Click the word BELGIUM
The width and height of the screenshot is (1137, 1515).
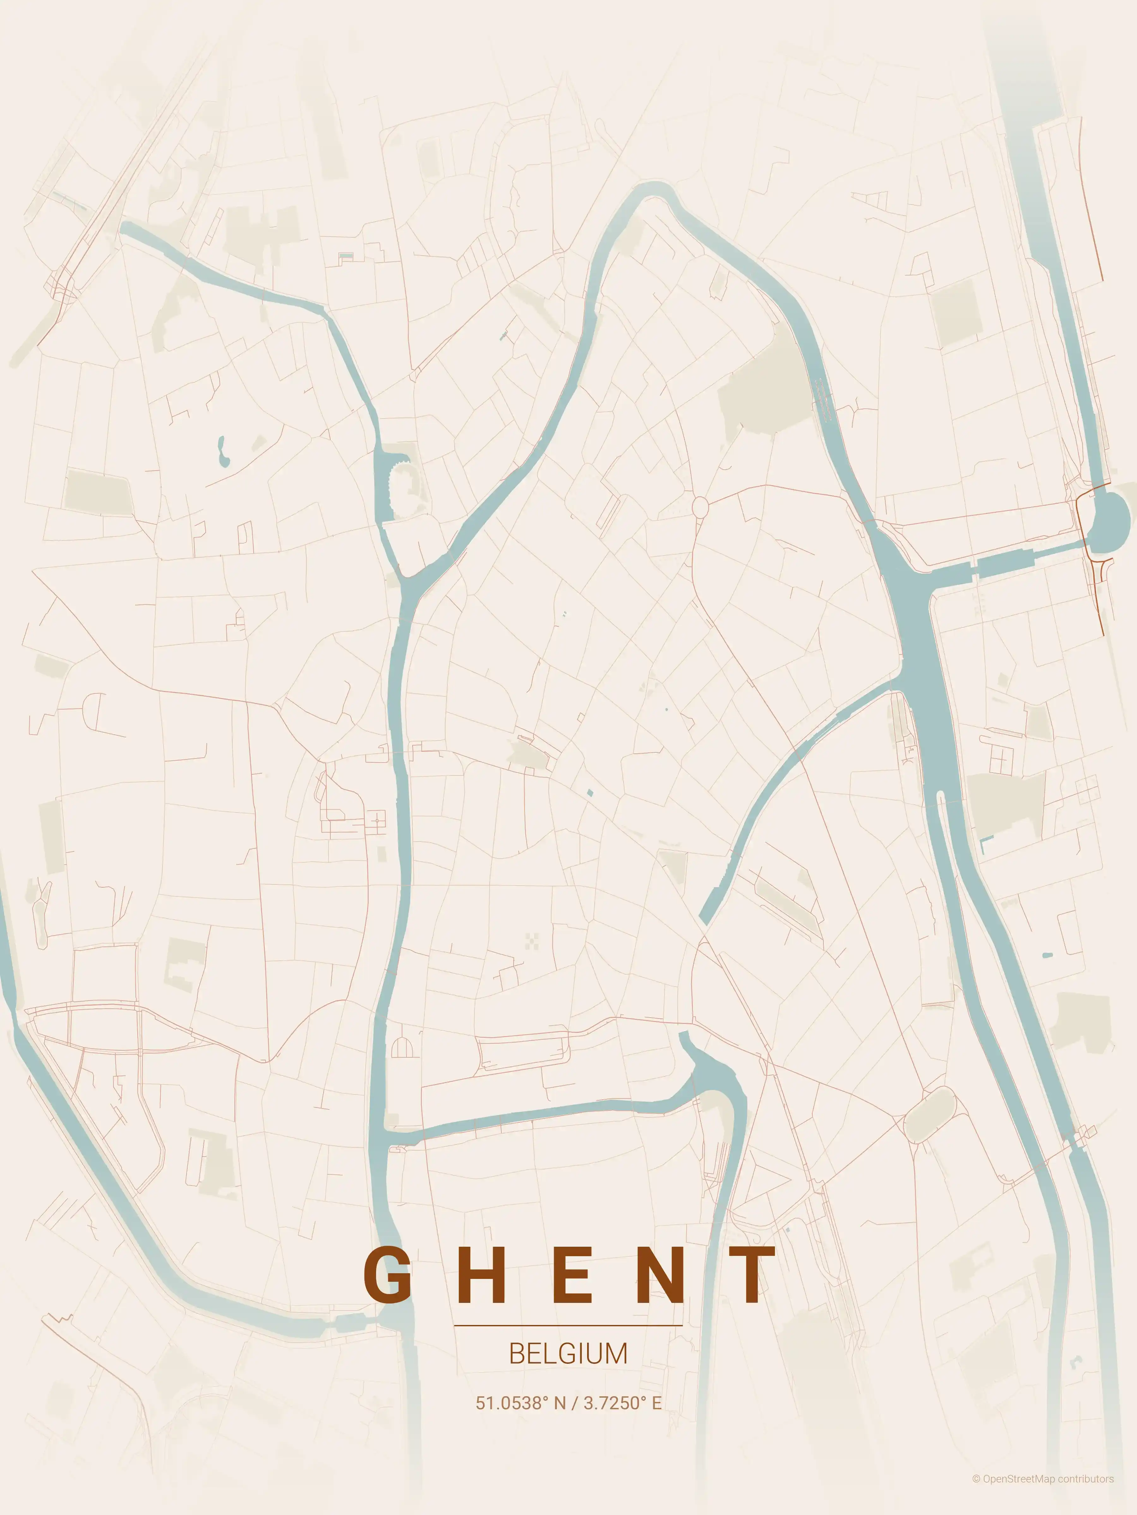[x=568, y=1354]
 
